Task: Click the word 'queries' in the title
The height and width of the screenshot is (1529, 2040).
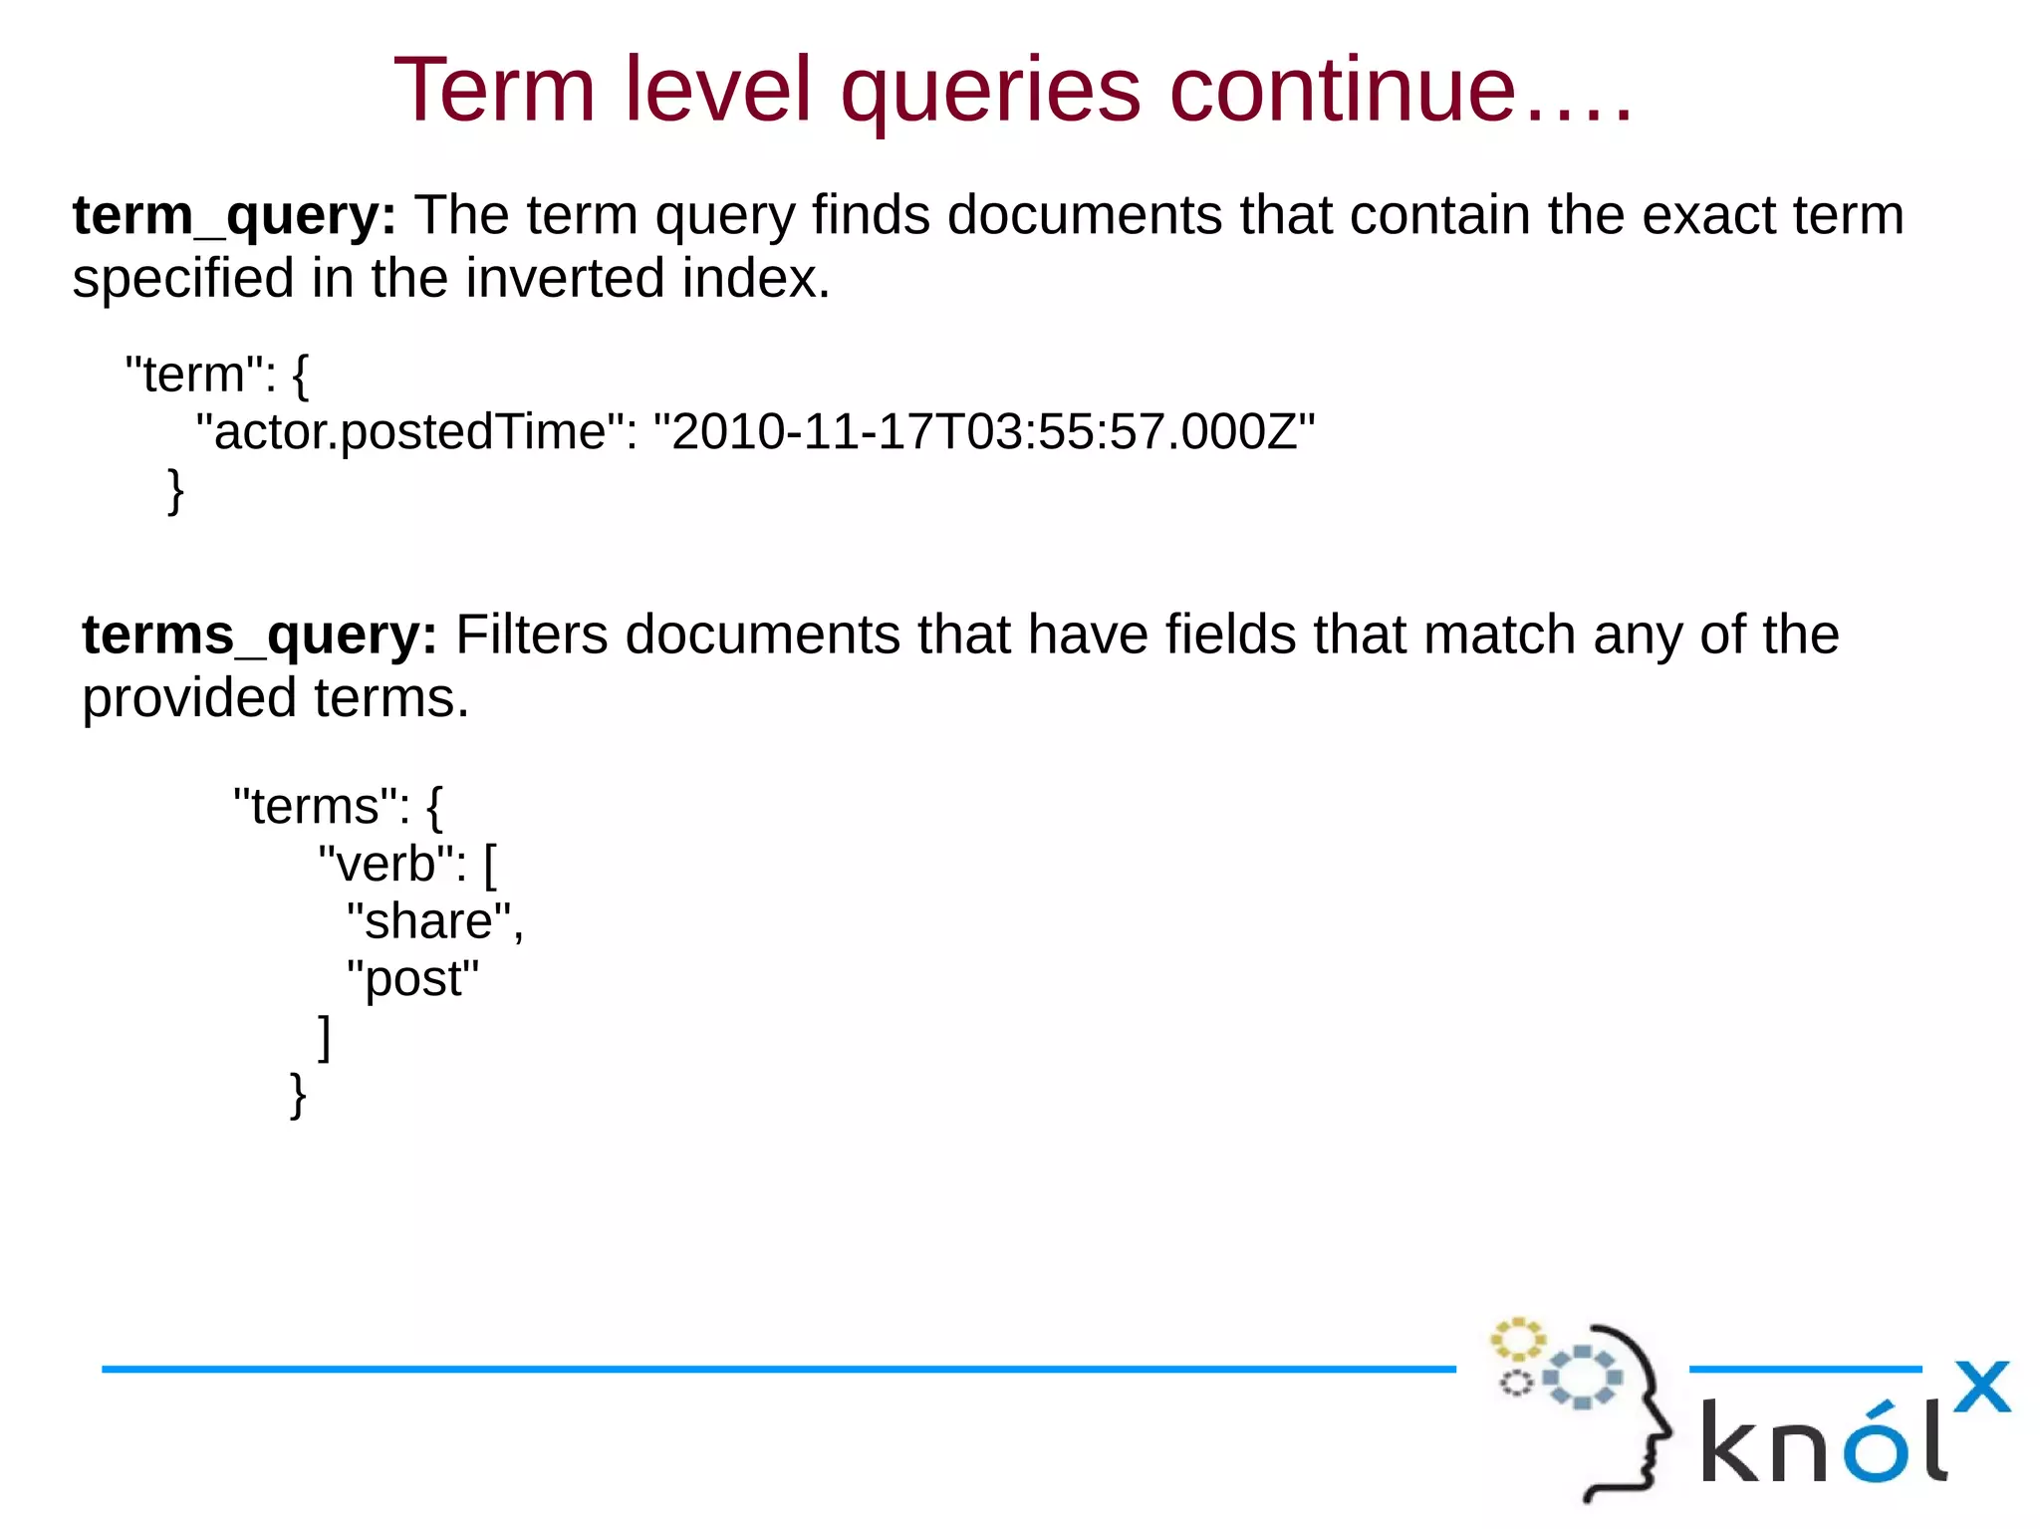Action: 990,92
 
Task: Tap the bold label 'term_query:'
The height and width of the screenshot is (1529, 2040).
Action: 234,215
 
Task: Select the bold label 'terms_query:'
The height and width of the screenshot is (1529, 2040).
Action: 259,635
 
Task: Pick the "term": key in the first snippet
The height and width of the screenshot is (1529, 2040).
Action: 199,376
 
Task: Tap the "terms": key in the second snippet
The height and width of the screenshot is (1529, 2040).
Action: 320,806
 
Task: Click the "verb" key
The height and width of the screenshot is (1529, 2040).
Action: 391,864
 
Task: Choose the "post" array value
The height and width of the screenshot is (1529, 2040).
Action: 412,979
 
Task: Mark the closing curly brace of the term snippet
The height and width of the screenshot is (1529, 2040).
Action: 175,491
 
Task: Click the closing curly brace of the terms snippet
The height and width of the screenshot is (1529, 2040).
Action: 297,1096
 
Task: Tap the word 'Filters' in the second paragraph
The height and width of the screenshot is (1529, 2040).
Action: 531,635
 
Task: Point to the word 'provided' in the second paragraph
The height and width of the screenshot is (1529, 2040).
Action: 189,698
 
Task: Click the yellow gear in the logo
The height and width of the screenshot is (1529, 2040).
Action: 1516,1340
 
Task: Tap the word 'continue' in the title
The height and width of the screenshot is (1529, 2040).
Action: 1343,92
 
